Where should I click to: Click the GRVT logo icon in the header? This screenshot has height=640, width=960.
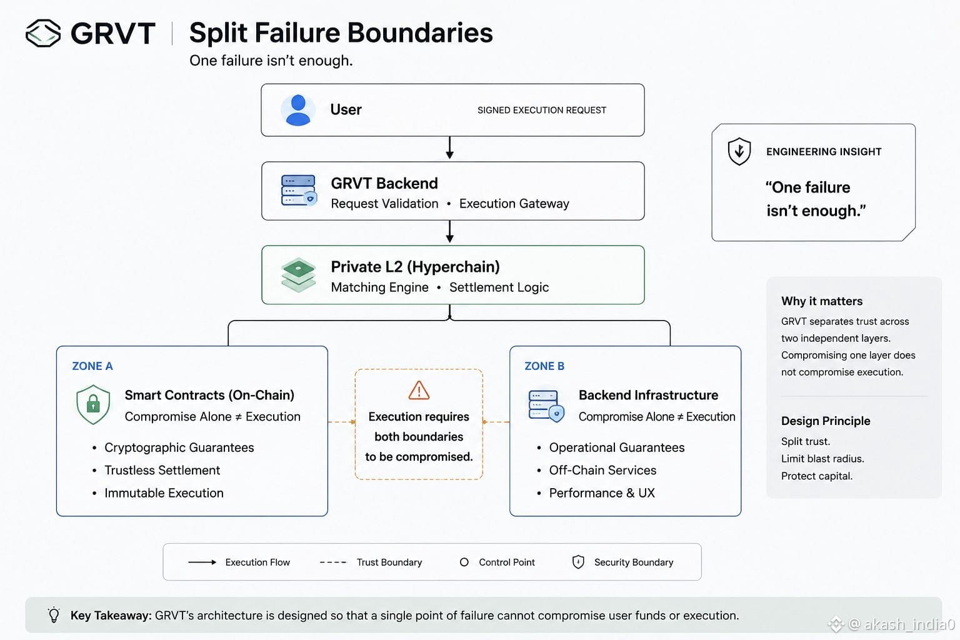click(x=43, y=33)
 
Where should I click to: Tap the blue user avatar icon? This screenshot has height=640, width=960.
click(x=298, y=110)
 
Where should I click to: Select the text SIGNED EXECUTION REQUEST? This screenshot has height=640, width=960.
click(x=542, y=110)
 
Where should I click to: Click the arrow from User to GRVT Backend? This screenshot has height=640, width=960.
click(x=449, y=148)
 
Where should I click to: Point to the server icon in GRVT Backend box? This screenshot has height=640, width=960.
click(x=299, y=191)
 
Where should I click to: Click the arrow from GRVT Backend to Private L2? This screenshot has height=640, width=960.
click(x=449, y=232)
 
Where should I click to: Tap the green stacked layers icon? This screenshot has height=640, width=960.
click(x=298, y=275)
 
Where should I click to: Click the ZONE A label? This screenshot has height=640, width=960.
click(x=92, y=366)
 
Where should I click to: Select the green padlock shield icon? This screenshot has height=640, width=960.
click(x=93, y=404)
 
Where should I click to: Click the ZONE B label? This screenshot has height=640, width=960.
click(x=544, y=366)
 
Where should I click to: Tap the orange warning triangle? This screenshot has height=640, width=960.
click(x=419, y=390)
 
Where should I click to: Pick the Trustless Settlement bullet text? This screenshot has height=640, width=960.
click(x=162, y=470)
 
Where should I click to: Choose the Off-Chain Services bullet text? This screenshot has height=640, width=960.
click(x=602, y=470)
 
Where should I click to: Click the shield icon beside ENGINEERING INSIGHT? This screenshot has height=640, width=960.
click(x=739, y=151)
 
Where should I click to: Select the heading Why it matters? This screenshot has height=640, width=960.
click(x=822, y=301)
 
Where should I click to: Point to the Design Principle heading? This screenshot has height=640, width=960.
click(x=826, y=421)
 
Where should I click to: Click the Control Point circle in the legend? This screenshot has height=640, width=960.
click(x=464, y=562)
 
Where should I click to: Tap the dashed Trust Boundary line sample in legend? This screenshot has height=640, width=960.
click(x=333, y=562)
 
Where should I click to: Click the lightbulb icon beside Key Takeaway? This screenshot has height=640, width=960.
click(x=54, y=615)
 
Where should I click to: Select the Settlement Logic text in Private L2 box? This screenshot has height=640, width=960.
click(x=499, y=287)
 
